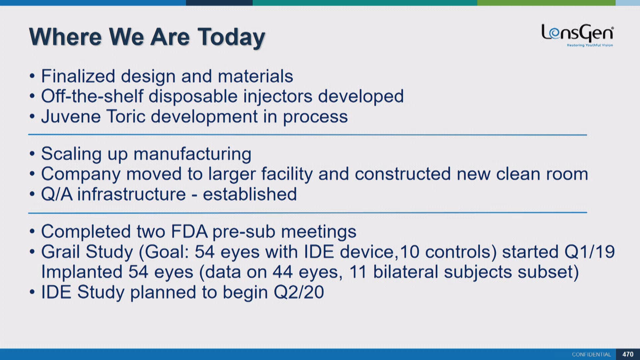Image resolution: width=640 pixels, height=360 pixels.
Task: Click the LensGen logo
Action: pyautogui.click(x=577, y=35)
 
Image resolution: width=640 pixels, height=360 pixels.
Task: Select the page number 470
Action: pyautogui.click(x=628, y=354)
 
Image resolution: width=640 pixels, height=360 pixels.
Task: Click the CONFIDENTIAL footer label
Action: pyautogui.click(x=591, y=354)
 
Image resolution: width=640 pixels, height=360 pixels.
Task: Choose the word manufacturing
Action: pyautogui.click(x=192, y=154)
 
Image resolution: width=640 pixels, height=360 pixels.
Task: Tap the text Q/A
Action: pyautogui.click(x=57, y=194)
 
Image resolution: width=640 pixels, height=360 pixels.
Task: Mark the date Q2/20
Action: pyautogui.click(x=299, y=292)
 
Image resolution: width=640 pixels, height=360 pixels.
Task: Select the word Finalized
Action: pyautogui.click(x=78, y=76)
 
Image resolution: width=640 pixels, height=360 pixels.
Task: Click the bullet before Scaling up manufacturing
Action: pyautogui.click(x=32, y=154)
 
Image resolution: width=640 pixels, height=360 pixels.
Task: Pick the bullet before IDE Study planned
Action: pyautogui.click(x=32, y=292)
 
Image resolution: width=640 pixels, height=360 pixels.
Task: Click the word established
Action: pyautogui.click(x=250, y=194)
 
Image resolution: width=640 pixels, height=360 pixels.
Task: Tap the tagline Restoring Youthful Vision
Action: pyautogui.click(x=590, y=45)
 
